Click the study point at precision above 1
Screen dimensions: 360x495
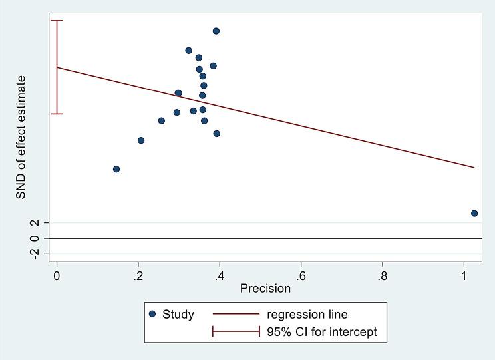[474, 213]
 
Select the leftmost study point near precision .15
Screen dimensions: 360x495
[116, 169]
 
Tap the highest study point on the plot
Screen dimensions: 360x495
[216, 31]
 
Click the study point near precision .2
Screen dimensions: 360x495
[141, 140]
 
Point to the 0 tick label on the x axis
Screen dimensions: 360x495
[57, 275]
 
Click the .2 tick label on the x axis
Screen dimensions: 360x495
[138, 275]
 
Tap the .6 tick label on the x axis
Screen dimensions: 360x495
[301, 275]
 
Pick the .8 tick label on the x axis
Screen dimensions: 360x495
[382, 275]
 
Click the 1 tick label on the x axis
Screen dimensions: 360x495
[464, 275]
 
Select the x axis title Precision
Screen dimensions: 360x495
[265, 289]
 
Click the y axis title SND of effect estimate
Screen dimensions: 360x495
[21, 137]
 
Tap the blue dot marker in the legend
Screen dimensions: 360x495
[152, 314]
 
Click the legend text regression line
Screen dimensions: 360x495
[307, 314]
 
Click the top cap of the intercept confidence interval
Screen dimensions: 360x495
[57, 21]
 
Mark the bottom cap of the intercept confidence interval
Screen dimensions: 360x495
[57, 114]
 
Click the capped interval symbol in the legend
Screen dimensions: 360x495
[236, 332]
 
